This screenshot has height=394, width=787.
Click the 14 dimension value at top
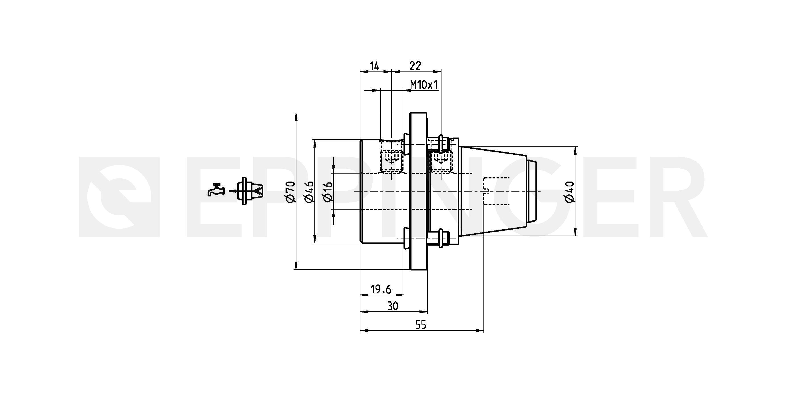click(375, 66)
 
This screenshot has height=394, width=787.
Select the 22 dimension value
click(415, 66)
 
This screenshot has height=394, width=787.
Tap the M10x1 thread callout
click(424, 85)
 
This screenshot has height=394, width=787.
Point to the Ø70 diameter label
click(290, 192)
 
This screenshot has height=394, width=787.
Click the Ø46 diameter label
click(309, 192)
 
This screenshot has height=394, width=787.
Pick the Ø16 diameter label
click(327, 192)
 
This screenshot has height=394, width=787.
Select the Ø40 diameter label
click(569, 192)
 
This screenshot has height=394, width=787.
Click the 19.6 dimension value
click(381, 289)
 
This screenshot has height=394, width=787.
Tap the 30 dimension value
click(393, 306)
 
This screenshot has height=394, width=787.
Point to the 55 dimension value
click(421, 325)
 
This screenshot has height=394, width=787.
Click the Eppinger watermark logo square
click(119, 197)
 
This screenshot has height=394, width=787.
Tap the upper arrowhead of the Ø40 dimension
click(576, 150)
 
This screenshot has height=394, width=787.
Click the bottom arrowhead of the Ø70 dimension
click(296, 266)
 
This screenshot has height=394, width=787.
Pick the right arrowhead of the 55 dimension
click(480, 330)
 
